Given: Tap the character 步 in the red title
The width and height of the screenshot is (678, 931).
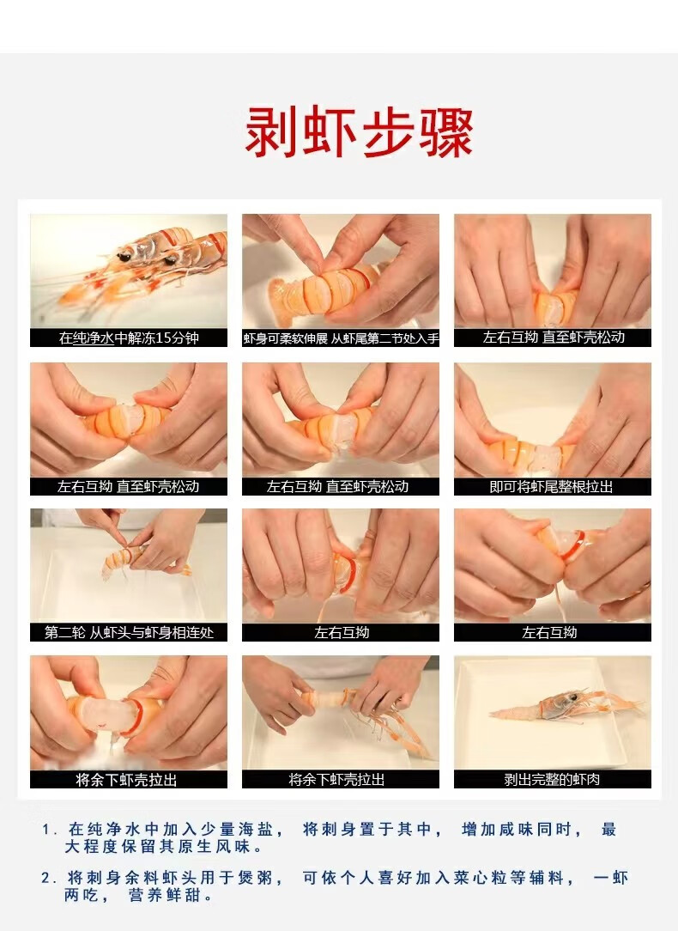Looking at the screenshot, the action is (x=387, y=132).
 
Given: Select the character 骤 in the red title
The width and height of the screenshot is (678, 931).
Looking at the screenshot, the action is (x=446, y=132).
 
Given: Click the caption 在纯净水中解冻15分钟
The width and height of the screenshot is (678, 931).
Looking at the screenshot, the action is (x=129, y=338).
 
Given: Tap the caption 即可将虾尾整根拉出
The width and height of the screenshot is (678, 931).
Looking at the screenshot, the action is (x=551, y=487).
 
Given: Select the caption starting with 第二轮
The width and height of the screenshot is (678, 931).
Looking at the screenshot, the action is (x=129, y=633).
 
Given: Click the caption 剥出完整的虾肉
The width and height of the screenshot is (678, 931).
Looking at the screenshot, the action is (x=552, y=780).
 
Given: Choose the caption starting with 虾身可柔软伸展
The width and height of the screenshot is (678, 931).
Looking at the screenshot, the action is (x=341, y=338).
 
